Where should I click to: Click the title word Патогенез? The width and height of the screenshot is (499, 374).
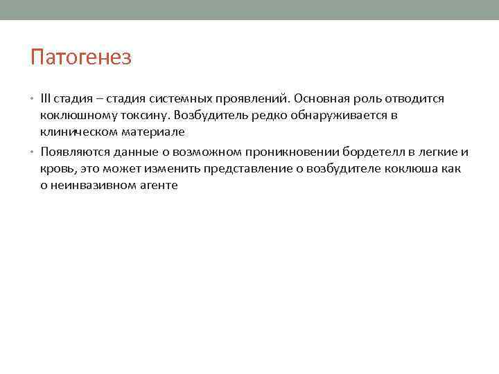pyautogui.click(x=80, y=57)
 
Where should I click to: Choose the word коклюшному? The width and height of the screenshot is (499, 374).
pyautogui.click(x=74, y=115)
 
